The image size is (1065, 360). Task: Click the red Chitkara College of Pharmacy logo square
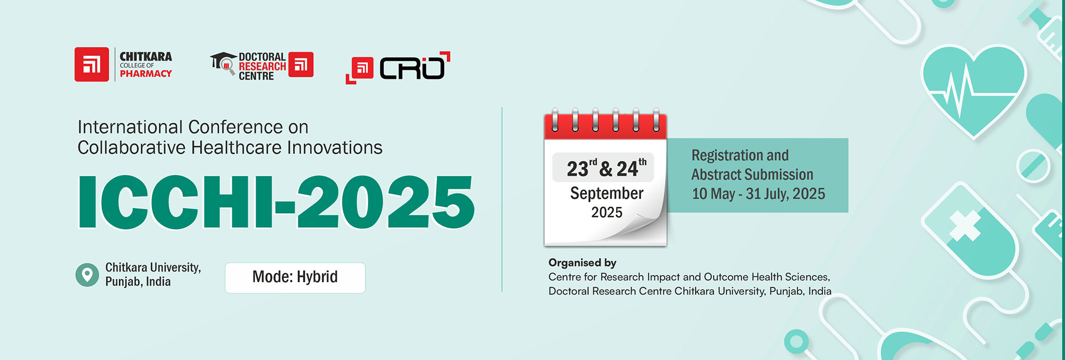pyautogui.click(x=92, y=64)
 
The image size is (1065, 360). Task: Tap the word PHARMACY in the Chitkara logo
pyautogui.click(x=146, y=74)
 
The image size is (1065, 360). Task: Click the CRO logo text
pyautogui.click(x=412, y=68)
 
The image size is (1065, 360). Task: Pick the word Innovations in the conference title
pyautogui.click(x=334, y=148)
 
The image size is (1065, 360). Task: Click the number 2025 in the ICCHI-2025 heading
pyautogui.click(x=385, y=202)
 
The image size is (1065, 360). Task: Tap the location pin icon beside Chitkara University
pyautogui.click(x=87, y=275)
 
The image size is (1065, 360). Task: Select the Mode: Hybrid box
pyautogui.click(x=295, y=277)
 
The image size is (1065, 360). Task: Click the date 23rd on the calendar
pyautogui.click(x=581, y=168)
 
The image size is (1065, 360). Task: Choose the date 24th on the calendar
pyautogui.click(x=632, y=168)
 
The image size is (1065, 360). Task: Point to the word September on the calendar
pyautogui.click(x=607, y=193)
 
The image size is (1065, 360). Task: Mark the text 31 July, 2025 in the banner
pyautogui.click(x=785, y=194)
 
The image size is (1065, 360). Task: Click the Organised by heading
pyautogui.click(x=583, y=263)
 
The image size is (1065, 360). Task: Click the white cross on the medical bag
pyautogui.click(x=965, y=226)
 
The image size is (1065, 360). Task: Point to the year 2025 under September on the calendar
pyautogui.click(x=607, y=212)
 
